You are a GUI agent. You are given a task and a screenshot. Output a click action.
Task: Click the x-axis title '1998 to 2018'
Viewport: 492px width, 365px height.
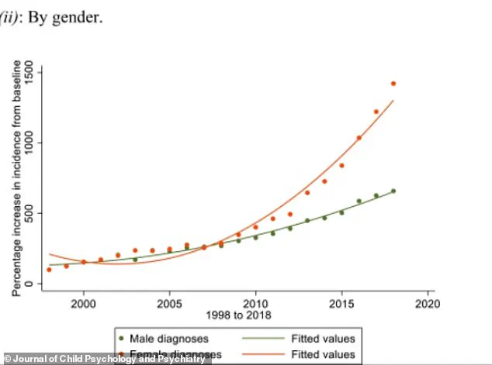(234, 315)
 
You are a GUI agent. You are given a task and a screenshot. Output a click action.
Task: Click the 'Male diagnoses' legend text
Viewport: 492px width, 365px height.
(172, 339)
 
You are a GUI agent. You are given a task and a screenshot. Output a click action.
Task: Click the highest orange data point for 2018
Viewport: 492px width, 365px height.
(393, 84)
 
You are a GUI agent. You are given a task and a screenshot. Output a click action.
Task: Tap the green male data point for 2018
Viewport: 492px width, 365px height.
(393, 191)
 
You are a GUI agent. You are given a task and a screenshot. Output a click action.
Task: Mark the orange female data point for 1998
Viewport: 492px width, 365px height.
(49, 270)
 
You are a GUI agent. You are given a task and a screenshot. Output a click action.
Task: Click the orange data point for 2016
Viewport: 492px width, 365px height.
(359, 138)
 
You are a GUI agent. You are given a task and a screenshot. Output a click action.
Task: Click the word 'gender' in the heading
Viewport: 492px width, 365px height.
(80, 16)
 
